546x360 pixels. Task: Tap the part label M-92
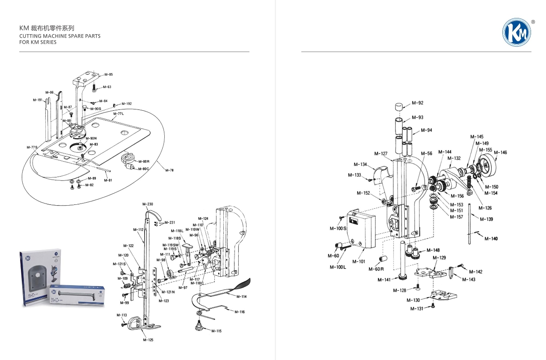click(x=417, y=103)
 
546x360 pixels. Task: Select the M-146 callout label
click(x=500, y=153)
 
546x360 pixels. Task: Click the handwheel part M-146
click(x=488, y=165)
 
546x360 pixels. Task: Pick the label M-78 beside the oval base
click(x=169, y=170)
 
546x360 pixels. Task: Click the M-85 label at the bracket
click(x=108, y=74)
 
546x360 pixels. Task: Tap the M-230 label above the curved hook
click(x=147, y=204)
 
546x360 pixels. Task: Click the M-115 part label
click(x=217, y=331)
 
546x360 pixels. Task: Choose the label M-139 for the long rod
click(x=486, y=219)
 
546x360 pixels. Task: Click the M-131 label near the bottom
click(x=417, y=309)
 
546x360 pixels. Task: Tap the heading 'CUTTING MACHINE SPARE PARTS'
click(x=60, y=36)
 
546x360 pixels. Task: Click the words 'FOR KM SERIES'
click(x=38, y=42)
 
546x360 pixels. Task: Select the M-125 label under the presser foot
click(x=148, y=340)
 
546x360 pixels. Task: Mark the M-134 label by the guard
click(x=360, y=165)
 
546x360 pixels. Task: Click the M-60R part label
click(x=376, y=269)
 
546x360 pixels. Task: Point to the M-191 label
click(x=38, y=100)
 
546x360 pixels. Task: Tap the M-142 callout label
click(x=475, y=272)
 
